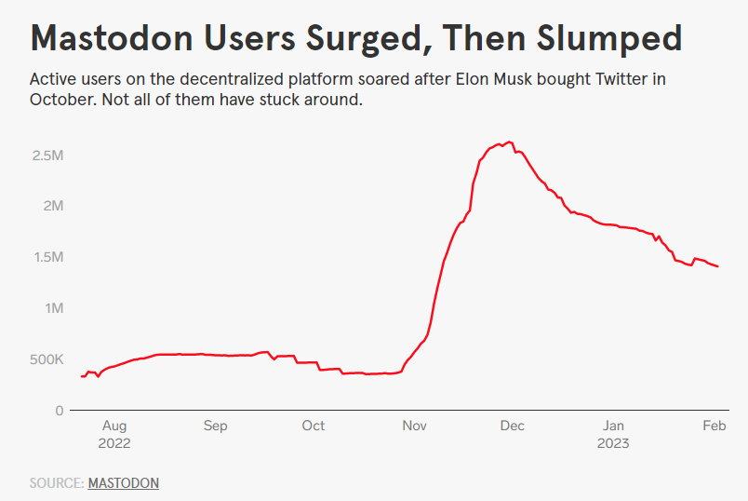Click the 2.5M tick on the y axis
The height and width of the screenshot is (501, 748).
(x=47, y=155)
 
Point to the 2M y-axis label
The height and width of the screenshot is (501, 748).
(x=52, y=206)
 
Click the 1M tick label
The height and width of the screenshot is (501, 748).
(x=52, y=308)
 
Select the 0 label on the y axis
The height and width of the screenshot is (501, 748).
(x=59, y=411)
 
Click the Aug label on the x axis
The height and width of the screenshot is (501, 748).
(x=114, y=426)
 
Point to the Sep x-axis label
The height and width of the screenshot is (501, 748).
(x=215, y=426)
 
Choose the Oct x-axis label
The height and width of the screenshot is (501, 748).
(x=314, y=426)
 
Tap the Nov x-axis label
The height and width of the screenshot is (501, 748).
(x=414, y=426)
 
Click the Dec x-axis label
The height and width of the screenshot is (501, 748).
(x=513, y=426)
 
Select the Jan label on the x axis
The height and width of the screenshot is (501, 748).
(x=613, y=426)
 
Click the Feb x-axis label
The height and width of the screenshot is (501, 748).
(x=714, y=426)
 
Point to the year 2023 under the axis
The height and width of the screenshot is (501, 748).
(x=613, y=443)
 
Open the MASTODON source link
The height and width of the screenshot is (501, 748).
(x=123, y=483)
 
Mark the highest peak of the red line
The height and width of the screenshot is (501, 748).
(x=509, y=142)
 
